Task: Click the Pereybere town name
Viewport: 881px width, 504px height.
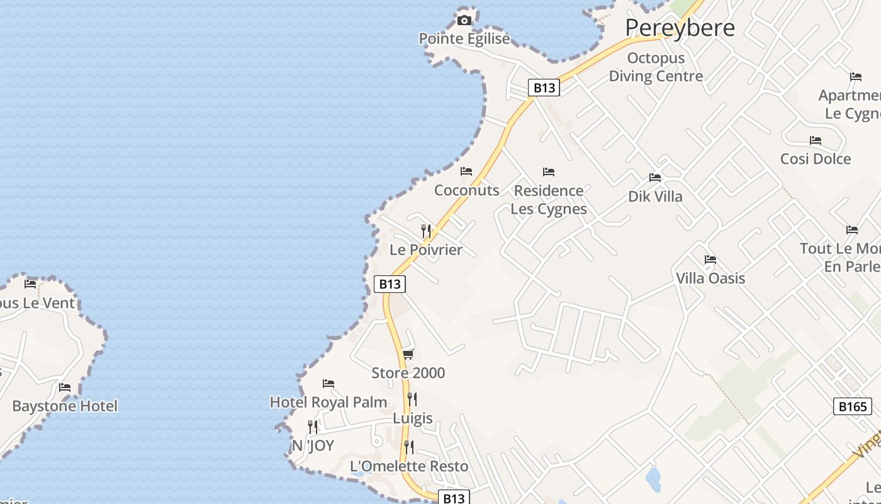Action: tap(680, 28)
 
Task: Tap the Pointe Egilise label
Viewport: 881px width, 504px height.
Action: tap(464, 39)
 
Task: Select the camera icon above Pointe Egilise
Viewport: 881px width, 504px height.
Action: tap(464, 20)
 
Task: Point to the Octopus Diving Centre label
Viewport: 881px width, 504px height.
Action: tap(656, 67)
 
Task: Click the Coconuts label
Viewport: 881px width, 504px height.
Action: tap(467, 190)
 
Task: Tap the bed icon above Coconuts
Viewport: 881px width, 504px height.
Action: tap(466, 171)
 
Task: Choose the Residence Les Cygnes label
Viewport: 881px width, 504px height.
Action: tap(549, 199)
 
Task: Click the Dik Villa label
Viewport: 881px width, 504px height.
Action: tap(655, 197)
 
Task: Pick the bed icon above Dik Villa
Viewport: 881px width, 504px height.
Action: tap(655, 178)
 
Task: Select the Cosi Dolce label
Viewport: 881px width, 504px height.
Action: tap(816, 159)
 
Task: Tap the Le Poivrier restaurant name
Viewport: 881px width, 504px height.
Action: tap(426, 250)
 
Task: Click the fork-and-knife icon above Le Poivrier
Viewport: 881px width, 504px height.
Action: tap(426, 231)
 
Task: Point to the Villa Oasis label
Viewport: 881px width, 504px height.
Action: tap(710, 278)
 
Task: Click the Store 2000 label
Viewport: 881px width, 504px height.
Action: tap(408, 373)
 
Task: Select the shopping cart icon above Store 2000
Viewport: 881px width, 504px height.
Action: tap(408, 354)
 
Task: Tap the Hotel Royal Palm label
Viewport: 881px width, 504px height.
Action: tap(328, 402)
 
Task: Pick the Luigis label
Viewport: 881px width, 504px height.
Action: tap(413, 418)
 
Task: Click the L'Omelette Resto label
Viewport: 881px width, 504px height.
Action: tap(409, 466)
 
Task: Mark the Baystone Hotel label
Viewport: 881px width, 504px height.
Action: tap(65, 406)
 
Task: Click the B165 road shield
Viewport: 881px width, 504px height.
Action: tap(853, 406)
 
